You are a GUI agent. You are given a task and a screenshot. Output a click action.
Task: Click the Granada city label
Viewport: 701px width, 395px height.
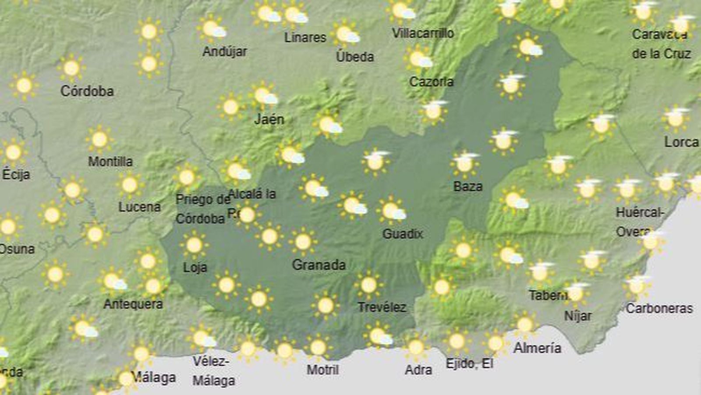(x=319, y=265)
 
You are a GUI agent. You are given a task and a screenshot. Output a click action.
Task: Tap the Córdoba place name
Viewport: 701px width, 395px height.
(x=87, y=91)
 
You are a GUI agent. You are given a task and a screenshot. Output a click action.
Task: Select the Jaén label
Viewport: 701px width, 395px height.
(x=269, y=119)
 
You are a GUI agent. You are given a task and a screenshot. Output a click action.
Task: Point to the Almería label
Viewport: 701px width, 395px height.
(x=537, y=348)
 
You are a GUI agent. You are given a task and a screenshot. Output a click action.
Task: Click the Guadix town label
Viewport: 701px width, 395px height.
(x=402, y=234)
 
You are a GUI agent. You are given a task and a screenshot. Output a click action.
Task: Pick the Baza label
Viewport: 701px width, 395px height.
(x=468, y=187)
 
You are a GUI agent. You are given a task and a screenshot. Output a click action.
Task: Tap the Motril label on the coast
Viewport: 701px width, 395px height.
(x=322, y=370)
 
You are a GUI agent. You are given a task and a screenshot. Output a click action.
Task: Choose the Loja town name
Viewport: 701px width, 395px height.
(x=195, y=267)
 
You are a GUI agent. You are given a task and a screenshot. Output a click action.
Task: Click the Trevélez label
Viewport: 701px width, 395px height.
(x=382, y=307)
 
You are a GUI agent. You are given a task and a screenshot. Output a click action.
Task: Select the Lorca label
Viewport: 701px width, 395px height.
(x=681, y=142)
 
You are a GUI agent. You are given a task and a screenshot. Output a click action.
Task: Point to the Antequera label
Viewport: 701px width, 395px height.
(x=133, y=304)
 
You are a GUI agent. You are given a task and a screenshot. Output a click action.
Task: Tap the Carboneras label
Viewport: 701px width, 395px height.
(x=659, y=309)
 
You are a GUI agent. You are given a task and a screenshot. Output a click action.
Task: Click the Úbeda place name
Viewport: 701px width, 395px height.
(x=355, y=57)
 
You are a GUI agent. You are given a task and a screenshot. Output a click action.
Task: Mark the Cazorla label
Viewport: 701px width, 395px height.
(x=431, y=81)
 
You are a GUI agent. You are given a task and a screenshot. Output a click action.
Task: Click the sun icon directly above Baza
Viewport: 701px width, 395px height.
(x=464, y=163)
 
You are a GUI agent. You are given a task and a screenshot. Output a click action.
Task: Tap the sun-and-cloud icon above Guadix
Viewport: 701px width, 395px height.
(x=391, y=211)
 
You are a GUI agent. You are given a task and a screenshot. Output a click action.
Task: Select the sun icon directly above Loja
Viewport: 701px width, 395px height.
(x=194, y=245)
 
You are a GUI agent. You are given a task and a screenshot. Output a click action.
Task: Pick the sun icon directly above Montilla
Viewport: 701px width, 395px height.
(x=99, y=140)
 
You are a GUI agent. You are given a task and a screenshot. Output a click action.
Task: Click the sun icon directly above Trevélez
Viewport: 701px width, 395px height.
(x=368, y=285)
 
